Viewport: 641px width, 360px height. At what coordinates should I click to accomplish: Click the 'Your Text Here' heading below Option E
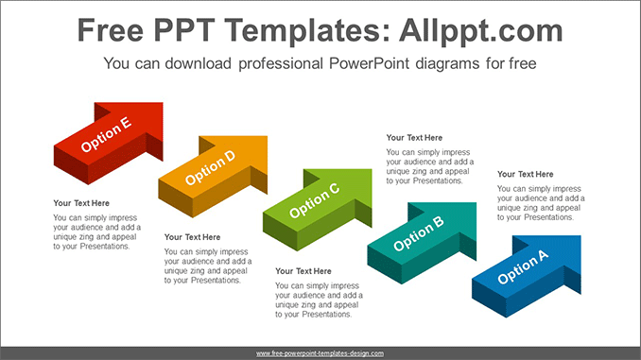[x=81, y=203]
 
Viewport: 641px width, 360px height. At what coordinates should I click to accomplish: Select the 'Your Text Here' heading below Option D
[x=192, y=237]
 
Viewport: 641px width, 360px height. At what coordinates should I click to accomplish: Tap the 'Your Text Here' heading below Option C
[x=303, y=271]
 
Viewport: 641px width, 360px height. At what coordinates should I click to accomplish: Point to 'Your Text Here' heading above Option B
[x=414, y=138]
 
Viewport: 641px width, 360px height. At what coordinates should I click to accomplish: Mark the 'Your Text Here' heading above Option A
[x=526, y=174]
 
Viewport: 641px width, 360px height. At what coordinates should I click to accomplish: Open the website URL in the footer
[x=320, y=352]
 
